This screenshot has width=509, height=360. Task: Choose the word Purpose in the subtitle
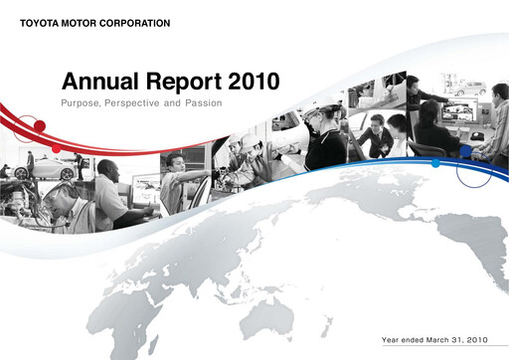pyautogui.click(x=85, y=103)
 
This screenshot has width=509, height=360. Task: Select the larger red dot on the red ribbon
pyautogui.click(x=41, y=124)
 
